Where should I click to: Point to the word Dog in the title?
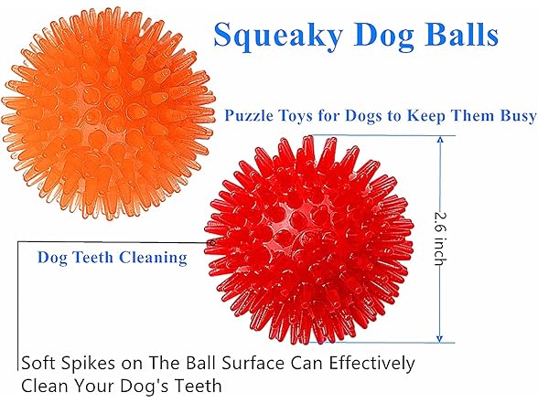376,36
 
